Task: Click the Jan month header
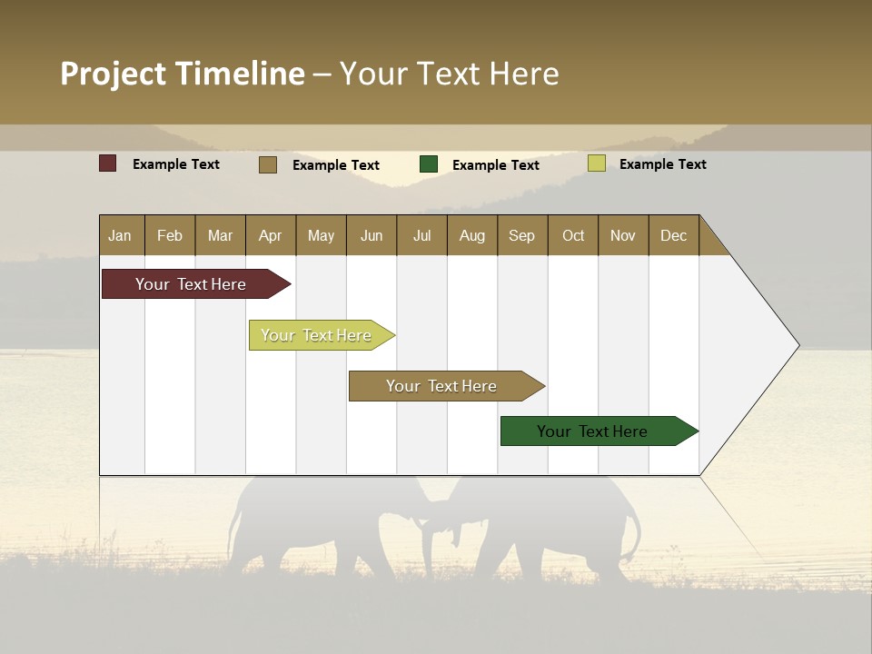[x=120, y=235]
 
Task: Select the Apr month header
[x=270, y=235]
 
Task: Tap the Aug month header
[x=471, y=235]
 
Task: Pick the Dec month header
[x=673, y=235]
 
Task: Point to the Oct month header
[x=573, y=235]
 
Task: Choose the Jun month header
[x=371, y=235]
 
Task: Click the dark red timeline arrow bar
[x=192, y=284]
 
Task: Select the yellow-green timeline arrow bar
[x=317, y=335]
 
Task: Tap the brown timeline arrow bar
[x=442, y=386]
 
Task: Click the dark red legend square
[x=107, y=163]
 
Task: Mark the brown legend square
[x=267, y=164]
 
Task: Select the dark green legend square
[x=429, y=164]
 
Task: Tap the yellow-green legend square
[x=596, y=163]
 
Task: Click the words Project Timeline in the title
[x=182, y=74]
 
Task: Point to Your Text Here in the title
[x=449, y=74]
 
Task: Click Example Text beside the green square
[x=495, y=164]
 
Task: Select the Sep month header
[x=521, y=235]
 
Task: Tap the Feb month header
[x=170, y=235]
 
